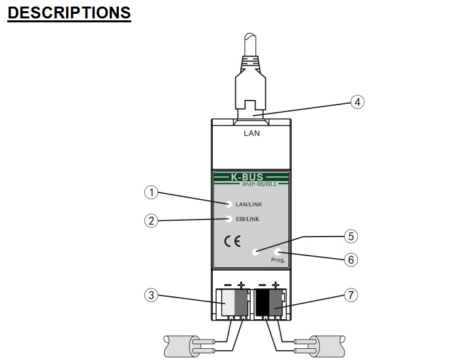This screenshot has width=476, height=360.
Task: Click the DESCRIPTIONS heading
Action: coord(69,12)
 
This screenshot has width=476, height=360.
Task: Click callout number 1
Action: coord(152,192)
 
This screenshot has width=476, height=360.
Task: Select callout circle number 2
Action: coord(152,221)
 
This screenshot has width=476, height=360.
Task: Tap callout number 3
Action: coord(152,295)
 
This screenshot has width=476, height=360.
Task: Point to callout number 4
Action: coord(356,102)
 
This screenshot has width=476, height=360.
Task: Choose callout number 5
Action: coord(352,235)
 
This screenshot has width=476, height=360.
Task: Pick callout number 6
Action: coord(352,259)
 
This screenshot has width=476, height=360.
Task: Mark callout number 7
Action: coord(352,295)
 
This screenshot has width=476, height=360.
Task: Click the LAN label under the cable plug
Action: coord(251,133)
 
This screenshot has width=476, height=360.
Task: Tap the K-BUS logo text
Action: coord(250,177)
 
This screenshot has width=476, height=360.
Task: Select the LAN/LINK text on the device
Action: coord(249,205)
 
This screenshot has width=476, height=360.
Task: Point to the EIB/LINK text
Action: coord(248,219)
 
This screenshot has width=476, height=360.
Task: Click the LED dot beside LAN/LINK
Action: coord(229,204)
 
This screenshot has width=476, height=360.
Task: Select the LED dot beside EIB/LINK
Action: coord(229,219)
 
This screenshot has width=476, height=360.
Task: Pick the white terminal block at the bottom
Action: coord(229,304)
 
